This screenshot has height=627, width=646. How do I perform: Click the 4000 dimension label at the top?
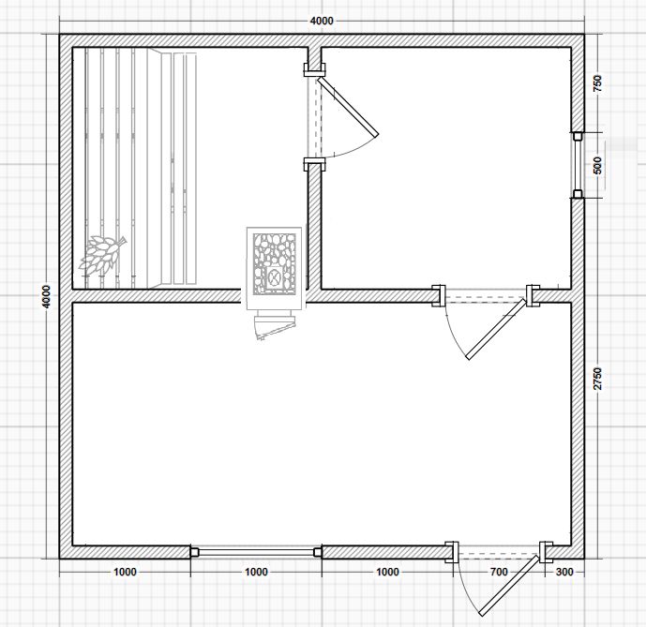322,21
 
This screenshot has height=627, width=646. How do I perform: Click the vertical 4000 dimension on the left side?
47,296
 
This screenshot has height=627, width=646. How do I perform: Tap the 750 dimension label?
597,83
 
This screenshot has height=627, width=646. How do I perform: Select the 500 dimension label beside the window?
598,166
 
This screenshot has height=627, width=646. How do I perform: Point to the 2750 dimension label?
598,379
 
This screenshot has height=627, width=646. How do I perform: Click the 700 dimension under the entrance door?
499,572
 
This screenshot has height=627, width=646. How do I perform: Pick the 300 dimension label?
564,572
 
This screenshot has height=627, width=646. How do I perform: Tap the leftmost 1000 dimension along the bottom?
125,572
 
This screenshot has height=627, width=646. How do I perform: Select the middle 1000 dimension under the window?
256,572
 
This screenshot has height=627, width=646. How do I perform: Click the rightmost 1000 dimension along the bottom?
387,572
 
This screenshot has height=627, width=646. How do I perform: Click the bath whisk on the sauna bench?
102,255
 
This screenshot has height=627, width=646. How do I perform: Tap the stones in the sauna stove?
275,263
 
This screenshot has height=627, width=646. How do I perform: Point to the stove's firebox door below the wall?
276,327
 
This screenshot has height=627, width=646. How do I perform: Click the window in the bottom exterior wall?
256,552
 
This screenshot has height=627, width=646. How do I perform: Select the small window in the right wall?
578,165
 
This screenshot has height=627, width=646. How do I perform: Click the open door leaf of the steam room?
347,107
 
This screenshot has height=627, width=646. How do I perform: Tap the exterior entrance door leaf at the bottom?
509,586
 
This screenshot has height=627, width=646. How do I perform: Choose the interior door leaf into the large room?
496,329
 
